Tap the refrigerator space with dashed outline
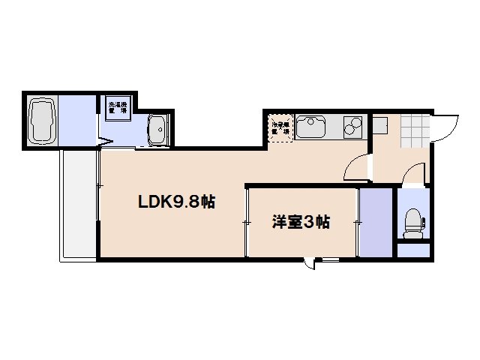click(x=280, y=129)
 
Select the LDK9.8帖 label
click(x=176, y=202)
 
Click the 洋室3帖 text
click(x=301, y=222)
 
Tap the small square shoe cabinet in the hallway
click(x=380, y=124)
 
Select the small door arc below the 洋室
click(x=308, y=264)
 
